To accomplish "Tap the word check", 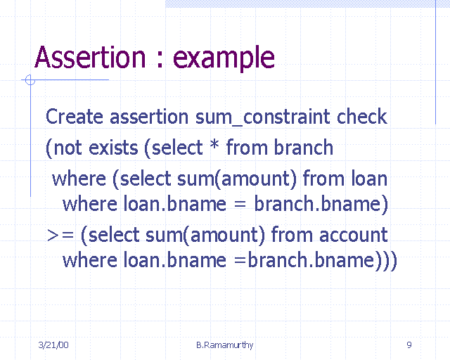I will [x=362, y=117].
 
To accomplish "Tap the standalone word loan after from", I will [x=368, y=178].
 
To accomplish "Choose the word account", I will [x=352, y=234].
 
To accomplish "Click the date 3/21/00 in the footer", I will [x=53, y=345].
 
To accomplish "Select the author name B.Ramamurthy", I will [x=225, y=345].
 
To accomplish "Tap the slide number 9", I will [x=409, y=345].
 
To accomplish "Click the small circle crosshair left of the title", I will [x=30, y=80].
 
